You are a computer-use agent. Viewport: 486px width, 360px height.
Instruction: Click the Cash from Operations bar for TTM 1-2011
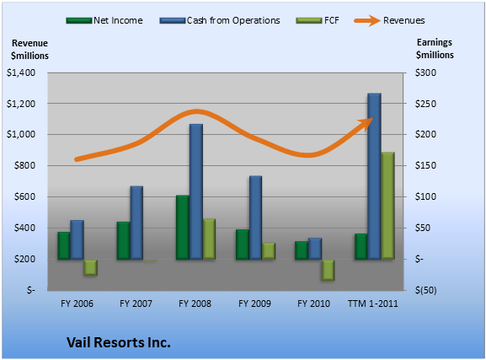click(x=374, y=176)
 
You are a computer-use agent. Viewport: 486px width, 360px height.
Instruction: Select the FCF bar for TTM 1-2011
click(x=387, y=206)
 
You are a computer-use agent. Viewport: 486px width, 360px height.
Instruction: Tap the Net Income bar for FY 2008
click(x=183, y=228)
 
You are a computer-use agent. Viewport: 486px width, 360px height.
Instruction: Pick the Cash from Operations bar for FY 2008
click(x=196, y=191)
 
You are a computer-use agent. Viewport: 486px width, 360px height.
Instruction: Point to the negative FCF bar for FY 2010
click(x=328, y=271)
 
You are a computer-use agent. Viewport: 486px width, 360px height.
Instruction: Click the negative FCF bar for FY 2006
click(x=90, y=267)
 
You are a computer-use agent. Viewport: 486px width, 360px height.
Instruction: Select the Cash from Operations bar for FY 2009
click(x=255, y=218)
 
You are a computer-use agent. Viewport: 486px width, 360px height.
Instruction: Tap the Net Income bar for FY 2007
click(x=123, y=241)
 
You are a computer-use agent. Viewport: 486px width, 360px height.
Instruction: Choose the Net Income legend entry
click(x=104, y=20)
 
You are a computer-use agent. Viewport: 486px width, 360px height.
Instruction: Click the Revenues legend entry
click(x=389, y=20)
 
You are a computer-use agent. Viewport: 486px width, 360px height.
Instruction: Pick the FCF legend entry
click(x=318, y=20)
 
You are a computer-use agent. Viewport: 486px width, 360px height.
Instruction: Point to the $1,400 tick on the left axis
click(x=21, y=73)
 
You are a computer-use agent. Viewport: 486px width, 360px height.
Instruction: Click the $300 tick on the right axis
click(x=425, y=73)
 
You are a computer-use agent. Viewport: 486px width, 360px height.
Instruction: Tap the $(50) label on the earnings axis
click(x=426, y=290)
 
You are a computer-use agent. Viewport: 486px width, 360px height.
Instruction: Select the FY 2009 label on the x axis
click(x=254, y=304)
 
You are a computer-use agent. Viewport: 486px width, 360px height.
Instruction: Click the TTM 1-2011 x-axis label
click(x=373, y=304)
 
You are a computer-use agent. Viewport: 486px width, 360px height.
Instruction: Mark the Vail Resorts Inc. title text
click(x=119, y=342)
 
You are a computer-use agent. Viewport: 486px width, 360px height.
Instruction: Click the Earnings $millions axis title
click(x=435, y=49)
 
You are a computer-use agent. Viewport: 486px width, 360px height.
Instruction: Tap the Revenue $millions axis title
click(x=29, y=50)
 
